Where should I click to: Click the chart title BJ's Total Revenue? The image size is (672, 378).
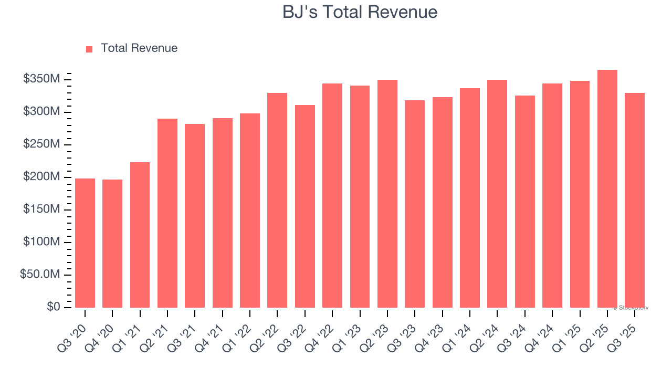(360, 12)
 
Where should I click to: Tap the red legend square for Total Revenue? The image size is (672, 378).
(89, 49)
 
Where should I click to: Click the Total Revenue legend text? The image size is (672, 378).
(139, 48)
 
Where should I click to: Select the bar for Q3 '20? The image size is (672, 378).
(85, 243)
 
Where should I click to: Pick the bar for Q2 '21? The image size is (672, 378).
(167, 213)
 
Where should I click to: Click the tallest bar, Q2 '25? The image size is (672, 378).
(607, 188)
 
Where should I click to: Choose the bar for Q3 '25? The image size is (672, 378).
(635, 200)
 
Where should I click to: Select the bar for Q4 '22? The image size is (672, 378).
(332, 195)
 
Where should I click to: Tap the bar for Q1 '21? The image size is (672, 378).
(140, 235)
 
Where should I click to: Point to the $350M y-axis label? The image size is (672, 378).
(41, 79)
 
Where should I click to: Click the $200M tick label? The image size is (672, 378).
(41, 177)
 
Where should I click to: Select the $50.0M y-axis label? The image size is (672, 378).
(40, 275)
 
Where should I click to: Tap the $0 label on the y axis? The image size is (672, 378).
(53, 307)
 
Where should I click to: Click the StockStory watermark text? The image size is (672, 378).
(630, 308)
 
